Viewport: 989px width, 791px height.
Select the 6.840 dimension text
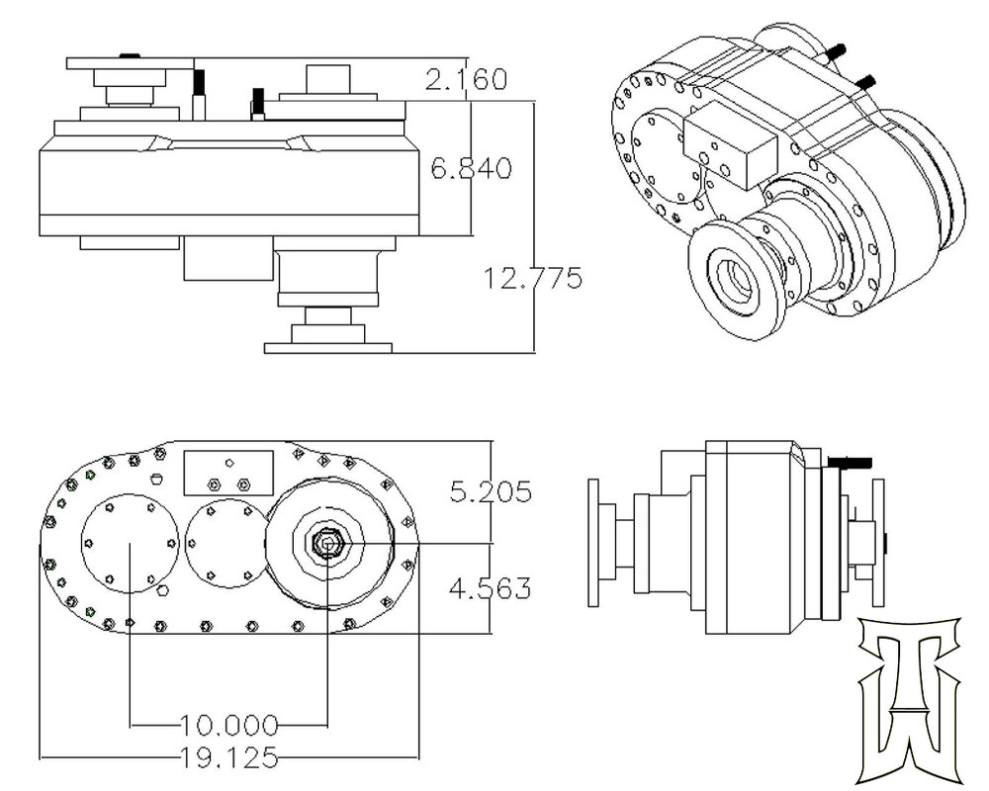tap(471, 168)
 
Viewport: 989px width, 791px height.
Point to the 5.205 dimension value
tap(491, 491)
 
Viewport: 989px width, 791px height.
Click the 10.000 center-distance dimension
tap(228, 725)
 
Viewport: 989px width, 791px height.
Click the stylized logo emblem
tap(909, 697)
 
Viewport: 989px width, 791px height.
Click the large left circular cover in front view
tap(130, 543)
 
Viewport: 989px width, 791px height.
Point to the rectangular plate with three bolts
tap(228, 474)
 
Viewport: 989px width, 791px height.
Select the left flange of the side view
tap(594, 543)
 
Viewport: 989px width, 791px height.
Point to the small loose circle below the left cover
tap(163, 592)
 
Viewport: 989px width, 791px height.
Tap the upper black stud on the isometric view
tap(838, 50)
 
